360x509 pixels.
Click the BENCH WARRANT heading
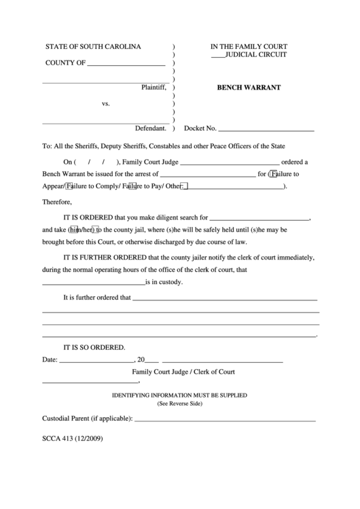point(249,88)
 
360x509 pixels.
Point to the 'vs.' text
point(106,104)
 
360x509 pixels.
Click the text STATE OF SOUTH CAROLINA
point(93,47)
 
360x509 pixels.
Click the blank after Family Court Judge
point(230,162)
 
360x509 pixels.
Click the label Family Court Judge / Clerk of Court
point(183,372)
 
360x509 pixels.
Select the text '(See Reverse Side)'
point(180,404)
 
